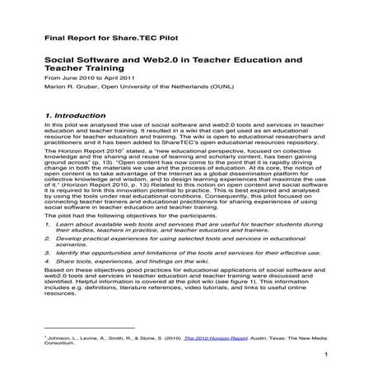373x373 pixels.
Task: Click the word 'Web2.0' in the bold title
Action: [166, 61]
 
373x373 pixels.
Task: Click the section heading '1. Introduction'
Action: [73, 116]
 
